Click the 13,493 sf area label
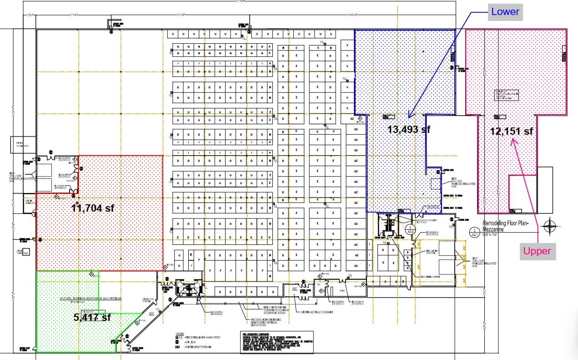pos(408,129)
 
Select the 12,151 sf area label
pos(511,131)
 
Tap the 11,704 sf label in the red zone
pos(93,208)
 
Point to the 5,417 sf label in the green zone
pos(92,317)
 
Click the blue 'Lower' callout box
pos(505,12)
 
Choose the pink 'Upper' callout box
pos(537,251)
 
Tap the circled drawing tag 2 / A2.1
pos(474,233)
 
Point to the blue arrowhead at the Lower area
pos(409,117)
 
